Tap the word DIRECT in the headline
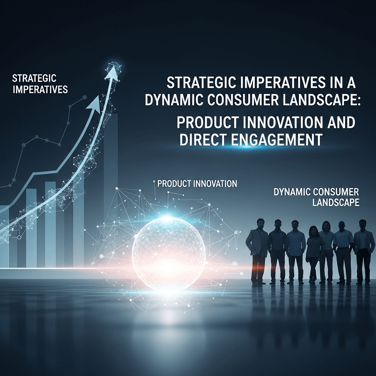click(x=201, y=140)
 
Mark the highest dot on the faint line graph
click(x=85, y=97)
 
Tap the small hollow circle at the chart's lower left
click(x=19, y=237)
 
